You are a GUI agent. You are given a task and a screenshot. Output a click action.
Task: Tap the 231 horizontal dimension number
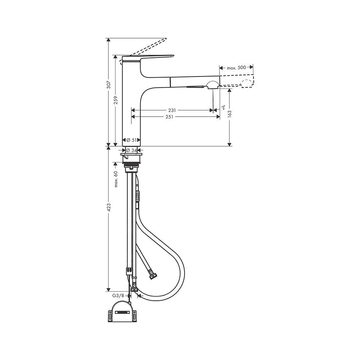coord(172,110)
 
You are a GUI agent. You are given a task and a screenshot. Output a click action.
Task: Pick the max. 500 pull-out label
coord(237,68)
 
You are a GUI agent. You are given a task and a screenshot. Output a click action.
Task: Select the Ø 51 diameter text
coord(131,140)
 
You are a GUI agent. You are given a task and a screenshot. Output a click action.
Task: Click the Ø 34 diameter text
coord(131,150)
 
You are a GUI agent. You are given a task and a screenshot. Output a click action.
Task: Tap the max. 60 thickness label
coord(116,179)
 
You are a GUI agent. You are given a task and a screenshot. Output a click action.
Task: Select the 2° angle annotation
coord(223,107)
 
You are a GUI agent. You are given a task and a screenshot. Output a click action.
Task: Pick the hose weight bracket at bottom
coord(123,312)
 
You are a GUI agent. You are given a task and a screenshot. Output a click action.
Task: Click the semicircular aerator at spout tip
coord(212,85)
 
